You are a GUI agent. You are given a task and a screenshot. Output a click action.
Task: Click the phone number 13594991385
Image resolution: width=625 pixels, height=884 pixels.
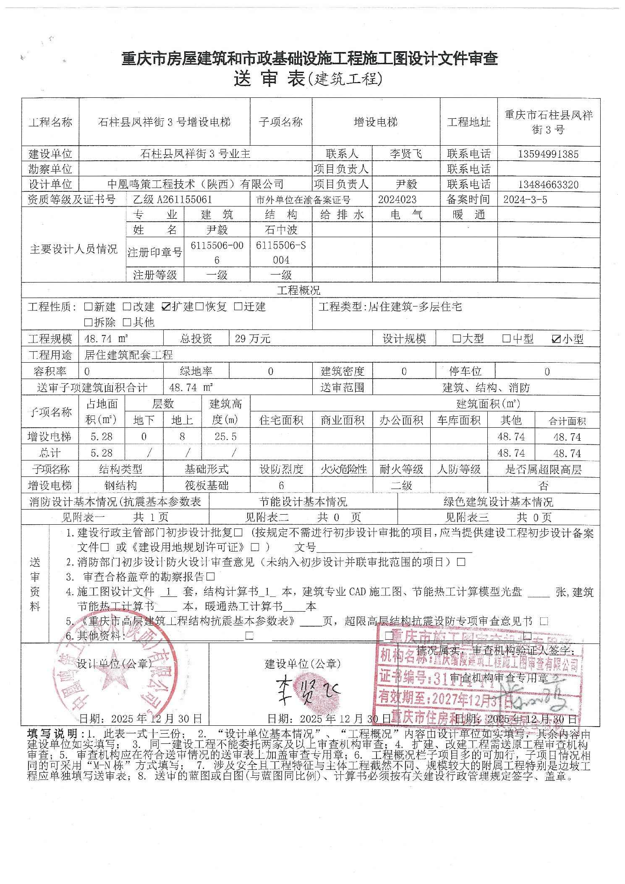[x=548, y=154]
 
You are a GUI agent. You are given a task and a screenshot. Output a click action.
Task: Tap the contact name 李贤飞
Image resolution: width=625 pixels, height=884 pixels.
[x=405, y=154]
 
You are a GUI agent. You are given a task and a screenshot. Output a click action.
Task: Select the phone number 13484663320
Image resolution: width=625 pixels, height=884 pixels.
[x=548, y=185]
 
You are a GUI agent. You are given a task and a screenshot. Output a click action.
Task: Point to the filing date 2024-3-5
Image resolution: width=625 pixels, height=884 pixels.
[x=525, y=200]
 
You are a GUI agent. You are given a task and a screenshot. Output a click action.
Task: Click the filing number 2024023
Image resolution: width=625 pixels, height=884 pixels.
[x=397, y=200]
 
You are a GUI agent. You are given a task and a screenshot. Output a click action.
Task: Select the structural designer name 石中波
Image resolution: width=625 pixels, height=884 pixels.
[x=281, y=230]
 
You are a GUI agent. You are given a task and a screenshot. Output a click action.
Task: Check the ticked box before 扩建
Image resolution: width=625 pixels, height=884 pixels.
[x=166, y=307]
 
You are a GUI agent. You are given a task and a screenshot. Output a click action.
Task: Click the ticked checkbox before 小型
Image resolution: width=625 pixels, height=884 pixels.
[x=557, y=339]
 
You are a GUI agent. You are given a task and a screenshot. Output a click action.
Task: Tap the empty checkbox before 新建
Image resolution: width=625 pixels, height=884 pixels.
[x=88, y=307]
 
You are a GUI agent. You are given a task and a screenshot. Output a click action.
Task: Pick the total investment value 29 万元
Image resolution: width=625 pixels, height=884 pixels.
[x=253, y=339]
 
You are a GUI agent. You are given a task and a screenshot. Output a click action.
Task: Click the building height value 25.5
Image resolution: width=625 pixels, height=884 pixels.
[x=225, y=437]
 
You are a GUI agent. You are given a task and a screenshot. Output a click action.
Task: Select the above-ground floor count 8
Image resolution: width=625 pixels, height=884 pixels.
[x=182, y=437]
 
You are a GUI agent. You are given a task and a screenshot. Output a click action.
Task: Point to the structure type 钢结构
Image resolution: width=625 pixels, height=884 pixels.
[x=120, y=486]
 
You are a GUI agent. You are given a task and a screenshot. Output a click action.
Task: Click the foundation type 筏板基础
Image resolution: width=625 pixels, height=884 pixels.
[x=207, y=486]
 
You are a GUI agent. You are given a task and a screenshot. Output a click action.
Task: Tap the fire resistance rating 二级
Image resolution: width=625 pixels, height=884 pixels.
[x=401, y=486]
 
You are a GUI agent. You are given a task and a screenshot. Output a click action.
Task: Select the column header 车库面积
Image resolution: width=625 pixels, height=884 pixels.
[x=459, y=420]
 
